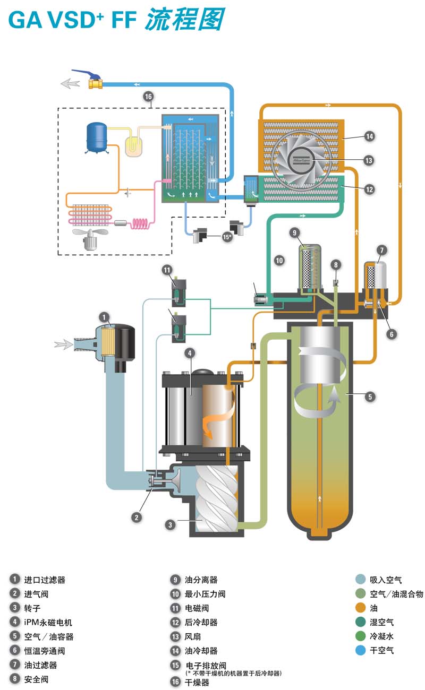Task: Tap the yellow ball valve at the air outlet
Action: click(x=95, y=83)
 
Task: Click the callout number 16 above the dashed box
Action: click(x=148, y=97)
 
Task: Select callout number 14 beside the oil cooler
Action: click(x=369, y=136)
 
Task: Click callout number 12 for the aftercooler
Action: click(x=369, y=189)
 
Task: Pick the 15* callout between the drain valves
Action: click(x=227, y=237)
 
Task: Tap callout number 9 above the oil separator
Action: click(x=294, y=232)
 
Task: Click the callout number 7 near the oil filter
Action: click(x=382, y=250)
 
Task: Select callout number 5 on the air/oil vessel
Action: click(x=370, y=397)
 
